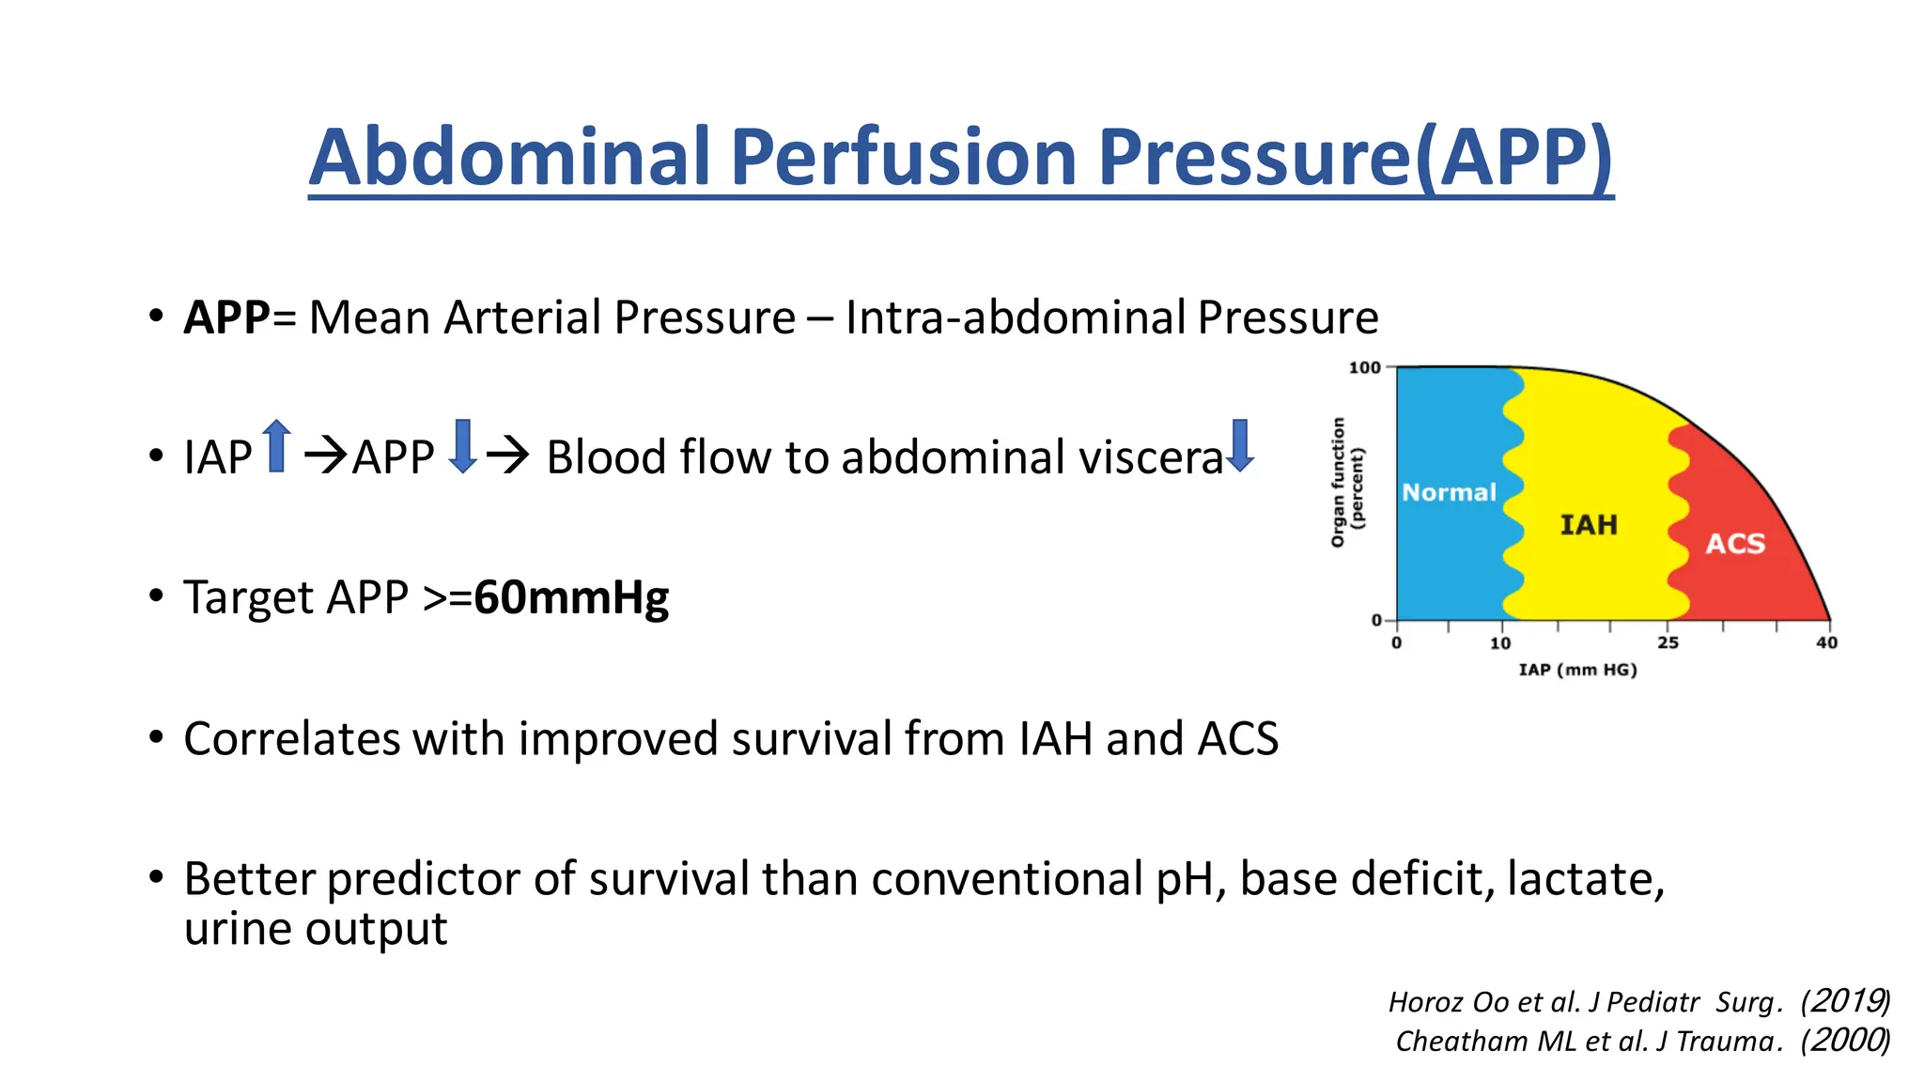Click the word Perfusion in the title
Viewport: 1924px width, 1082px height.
903,157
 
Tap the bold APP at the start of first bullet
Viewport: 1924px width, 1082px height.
226,317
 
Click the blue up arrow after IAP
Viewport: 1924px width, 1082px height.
276,446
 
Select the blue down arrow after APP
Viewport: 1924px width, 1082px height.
463,446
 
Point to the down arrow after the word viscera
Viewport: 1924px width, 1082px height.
1240,446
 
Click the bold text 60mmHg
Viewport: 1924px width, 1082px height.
571,597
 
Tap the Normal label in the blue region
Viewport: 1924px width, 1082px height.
1449,492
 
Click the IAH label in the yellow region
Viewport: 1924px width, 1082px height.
1589,524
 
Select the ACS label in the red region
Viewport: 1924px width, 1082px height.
1735,544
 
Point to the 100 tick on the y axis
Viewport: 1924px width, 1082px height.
1365,367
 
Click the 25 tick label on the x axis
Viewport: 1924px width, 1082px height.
1668,643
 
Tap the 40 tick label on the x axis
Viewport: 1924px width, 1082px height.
1826,643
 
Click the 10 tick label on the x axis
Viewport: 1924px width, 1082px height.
1500,643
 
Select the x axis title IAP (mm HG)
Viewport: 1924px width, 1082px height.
1577,670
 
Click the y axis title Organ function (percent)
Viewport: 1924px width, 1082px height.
1346,482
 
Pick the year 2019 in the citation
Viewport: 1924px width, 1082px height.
1846,1001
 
